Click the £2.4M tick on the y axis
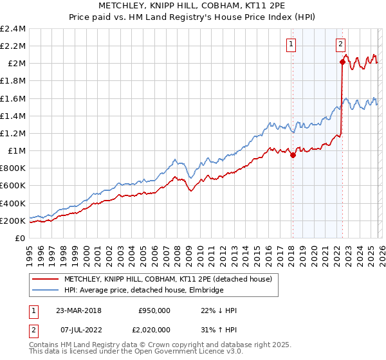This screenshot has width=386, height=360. click(x=13, y=29)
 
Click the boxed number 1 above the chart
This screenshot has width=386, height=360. click(x=291, y=44)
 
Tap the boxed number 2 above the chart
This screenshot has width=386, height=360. click(x=340, y=44)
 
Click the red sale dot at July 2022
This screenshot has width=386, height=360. click(x=342, y=62)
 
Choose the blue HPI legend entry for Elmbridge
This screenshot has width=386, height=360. click(x=143, y=291)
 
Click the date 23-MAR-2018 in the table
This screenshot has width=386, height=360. click(x=79, y=310)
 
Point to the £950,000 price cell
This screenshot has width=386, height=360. click(x=154, y=310)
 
